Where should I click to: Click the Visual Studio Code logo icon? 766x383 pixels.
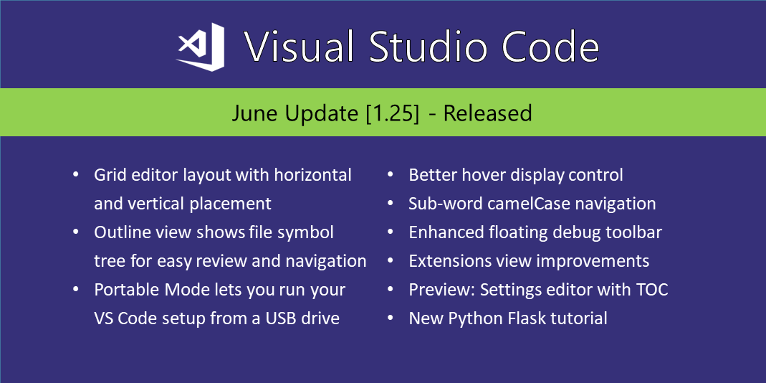(x=201, y=47)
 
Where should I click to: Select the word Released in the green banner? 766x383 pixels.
(x=487, y=113)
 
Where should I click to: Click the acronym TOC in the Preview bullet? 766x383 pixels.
(x=651, y=290)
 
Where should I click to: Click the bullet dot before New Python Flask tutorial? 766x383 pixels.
(x=391, y=318)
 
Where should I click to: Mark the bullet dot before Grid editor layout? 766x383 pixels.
(x=76, y=174)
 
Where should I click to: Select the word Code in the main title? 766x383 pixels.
(x=550, y=47)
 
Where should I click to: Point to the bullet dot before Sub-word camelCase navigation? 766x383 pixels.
(x=391, y=204)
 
